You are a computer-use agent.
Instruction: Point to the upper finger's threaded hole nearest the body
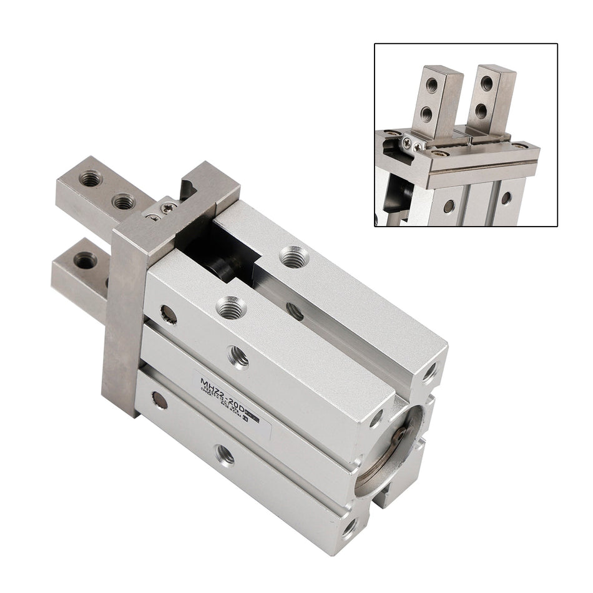pos(124,201)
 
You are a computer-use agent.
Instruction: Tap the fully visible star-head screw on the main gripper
pos(166,208)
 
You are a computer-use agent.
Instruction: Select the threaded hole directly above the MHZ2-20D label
pos(238,358)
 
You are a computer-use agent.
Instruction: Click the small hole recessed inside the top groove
pos(295,310)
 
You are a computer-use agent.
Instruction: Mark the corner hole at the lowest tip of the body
pos(350,529)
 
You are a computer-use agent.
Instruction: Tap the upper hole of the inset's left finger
pos(432,85)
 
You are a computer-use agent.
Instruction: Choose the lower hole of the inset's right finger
pos(481,111)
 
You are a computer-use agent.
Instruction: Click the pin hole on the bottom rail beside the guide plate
pos(159,401)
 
